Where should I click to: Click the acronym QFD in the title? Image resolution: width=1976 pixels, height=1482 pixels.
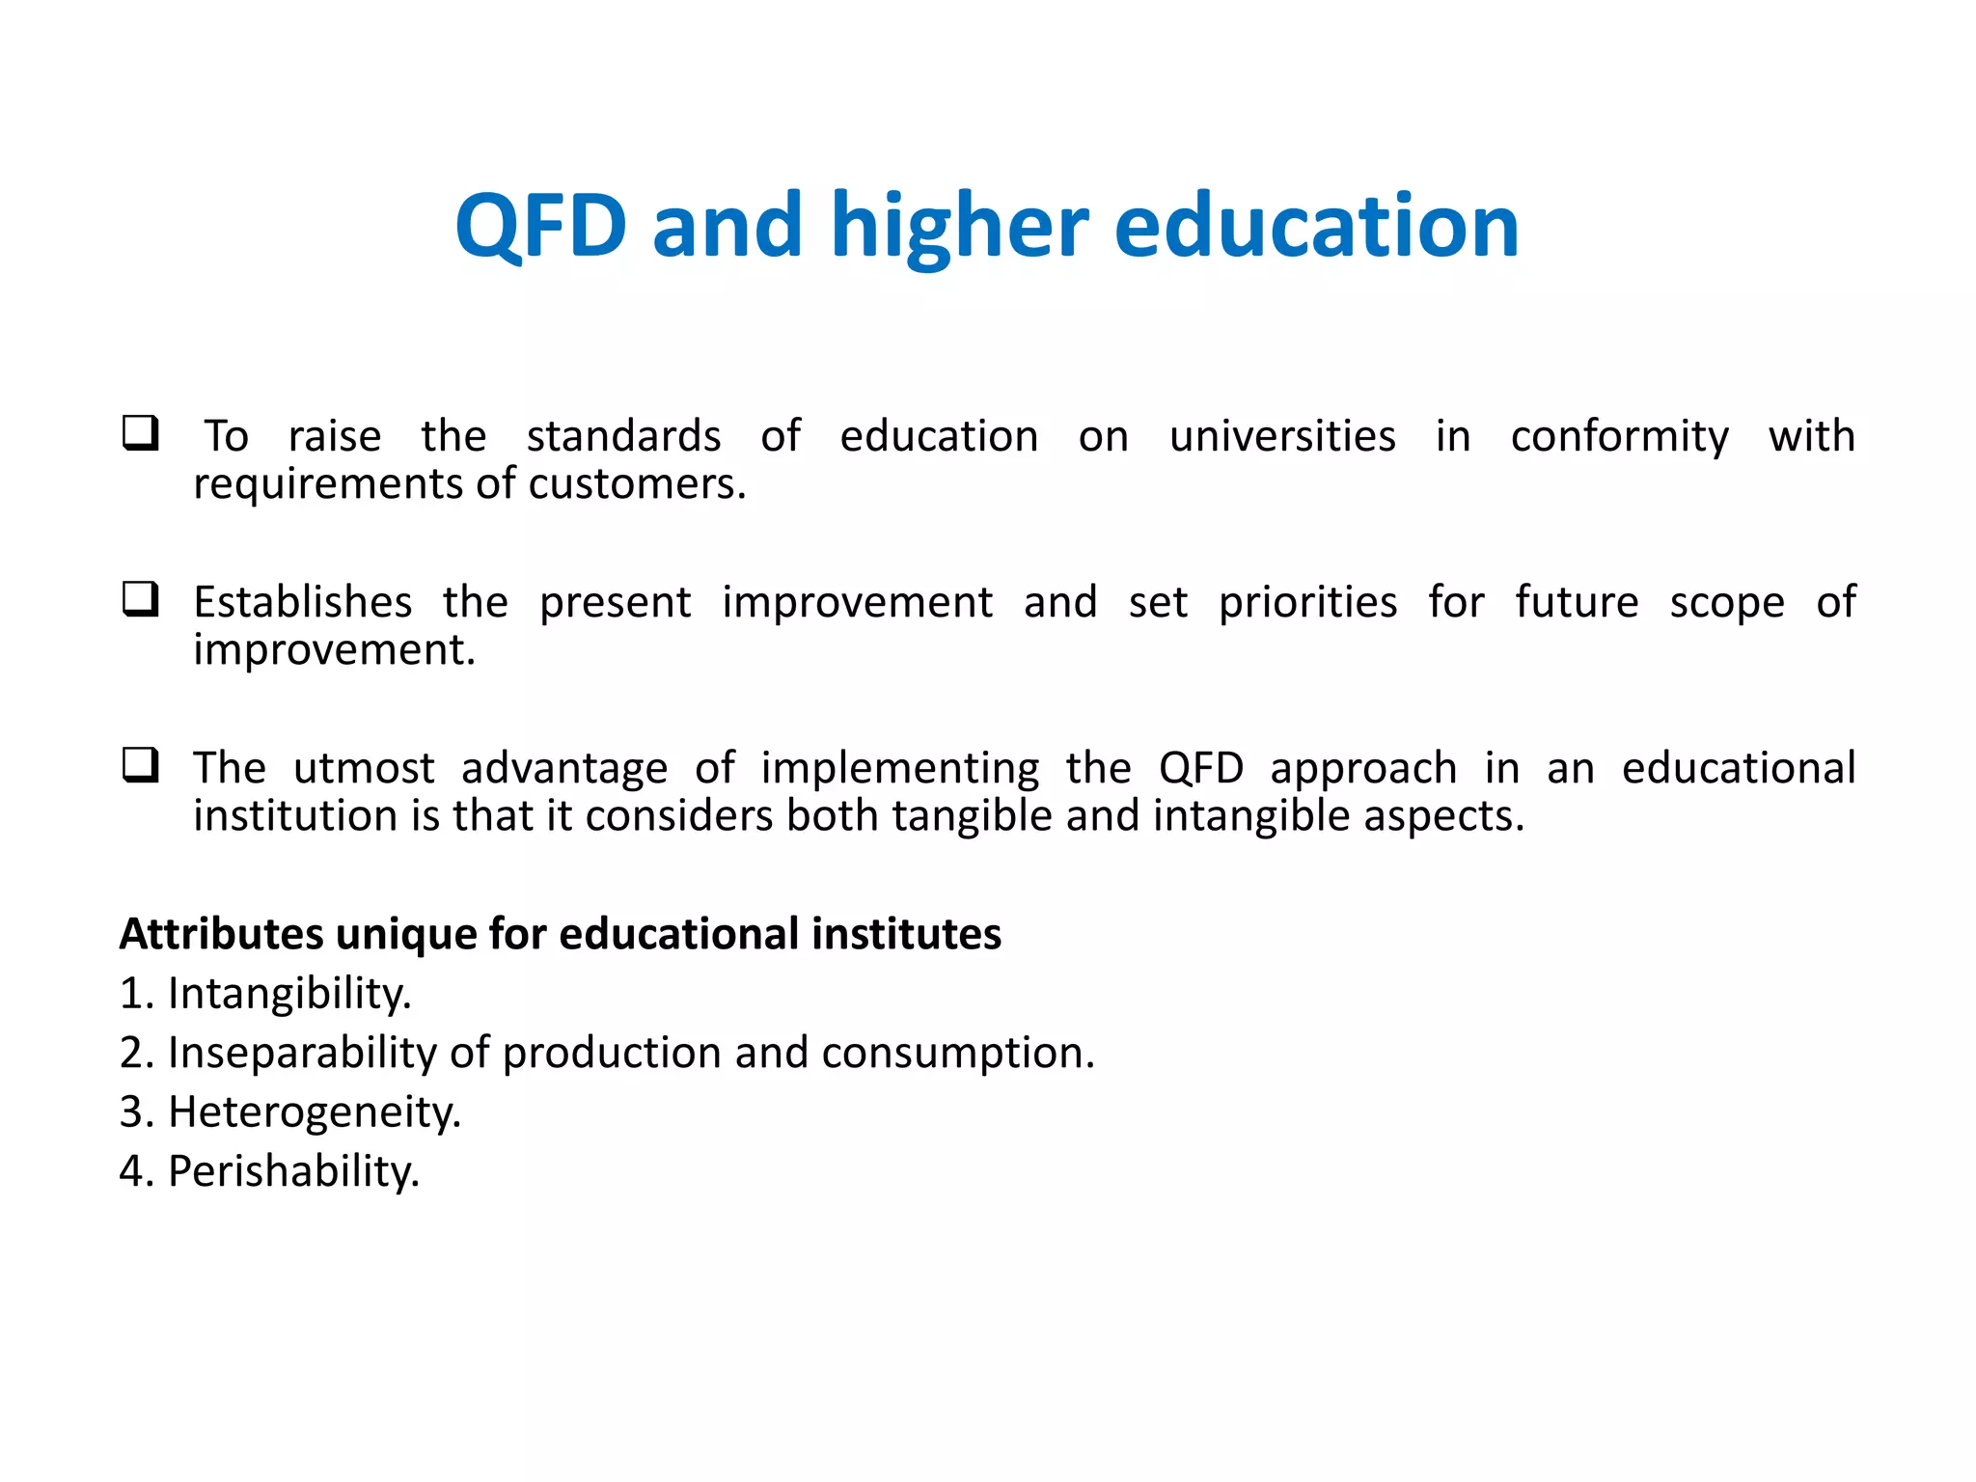click(541, 226)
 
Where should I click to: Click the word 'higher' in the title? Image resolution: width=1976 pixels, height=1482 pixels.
click(959, 226)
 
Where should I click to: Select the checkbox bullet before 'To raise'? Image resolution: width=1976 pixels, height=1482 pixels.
click(141, 433)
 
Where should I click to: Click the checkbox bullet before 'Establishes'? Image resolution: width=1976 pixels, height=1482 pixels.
click(141, 599)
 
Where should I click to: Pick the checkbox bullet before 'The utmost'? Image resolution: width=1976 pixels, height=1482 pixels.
click(141, 765)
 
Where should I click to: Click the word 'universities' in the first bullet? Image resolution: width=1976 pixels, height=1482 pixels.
click(1281, 436)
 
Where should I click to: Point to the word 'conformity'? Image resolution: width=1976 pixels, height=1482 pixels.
click(1619, 436)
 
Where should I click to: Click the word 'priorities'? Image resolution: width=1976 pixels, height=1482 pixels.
click(1307, 602)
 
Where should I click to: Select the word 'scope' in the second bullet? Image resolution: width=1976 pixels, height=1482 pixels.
click(1726, 602)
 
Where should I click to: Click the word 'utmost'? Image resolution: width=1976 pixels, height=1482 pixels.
click(364, 768)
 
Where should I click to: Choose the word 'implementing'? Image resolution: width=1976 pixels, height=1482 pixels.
click(899, 768)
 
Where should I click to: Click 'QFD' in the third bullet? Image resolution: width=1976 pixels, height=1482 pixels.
click(1200, 768)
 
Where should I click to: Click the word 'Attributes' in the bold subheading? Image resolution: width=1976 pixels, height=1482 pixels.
click(221, 934)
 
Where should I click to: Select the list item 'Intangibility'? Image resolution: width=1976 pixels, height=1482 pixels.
click(288, 993)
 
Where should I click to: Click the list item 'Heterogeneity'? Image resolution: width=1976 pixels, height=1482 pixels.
click(314, 1111)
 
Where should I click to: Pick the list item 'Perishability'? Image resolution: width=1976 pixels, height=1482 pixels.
click(293, 1171)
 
